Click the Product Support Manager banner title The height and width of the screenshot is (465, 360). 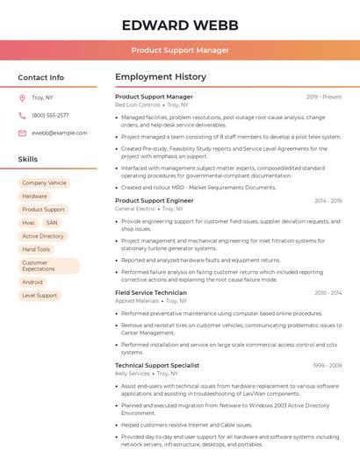[x=180, y=50]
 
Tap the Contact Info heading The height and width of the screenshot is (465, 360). [x=40, y=77]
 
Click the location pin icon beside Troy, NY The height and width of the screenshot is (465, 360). [x=22, y=97]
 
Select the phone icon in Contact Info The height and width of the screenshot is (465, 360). [x=22, y=115]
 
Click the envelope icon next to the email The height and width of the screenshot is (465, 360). [x=22, y=132]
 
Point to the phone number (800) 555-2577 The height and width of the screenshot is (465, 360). [x=50, y=115]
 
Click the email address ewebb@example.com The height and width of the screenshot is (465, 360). [x=60, y=132]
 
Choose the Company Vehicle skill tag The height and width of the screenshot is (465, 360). [x=44, y=183]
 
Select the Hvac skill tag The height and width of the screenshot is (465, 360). [x=29, y=223]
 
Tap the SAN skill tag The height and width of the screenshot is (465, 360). [x=52, y=223]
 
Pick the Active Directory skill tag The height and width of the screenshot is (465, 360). [x=43, y=236]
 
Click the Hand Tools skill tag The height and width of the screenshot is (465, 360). [x=36, y=249]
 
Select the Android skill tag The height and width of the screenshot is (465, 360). [x=32, y=283]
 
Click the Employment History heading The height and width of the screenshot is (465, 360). [x=161, y=77]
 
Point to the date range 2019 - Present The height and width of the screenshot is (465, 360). [x=324, y=97]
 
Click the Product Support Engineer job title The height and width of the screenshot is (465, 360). [x=155, y=201]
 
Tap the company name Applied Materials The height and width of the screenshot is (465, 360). [x=137, y=301]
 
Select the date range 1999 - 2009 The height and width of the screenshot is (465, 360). [x=328, y=366]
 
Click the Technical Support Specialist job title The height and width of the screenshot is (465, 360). [x=157, y=366]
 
